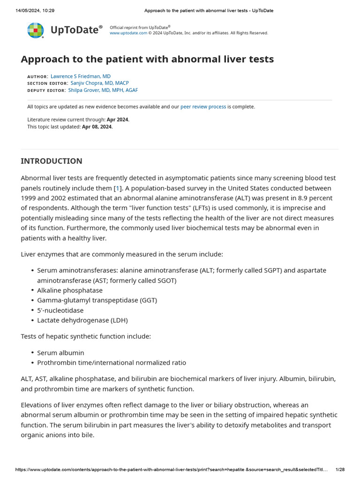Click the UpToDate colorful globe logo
coord(36,30)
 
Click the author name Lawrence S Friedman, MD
coord(80,76)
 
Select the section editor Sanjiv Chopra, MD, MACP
coord(99,83)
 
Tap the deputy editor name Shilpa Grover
coord(103,90)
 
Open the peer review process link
coord(203,107)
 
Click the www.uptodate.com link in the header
coord(128,33)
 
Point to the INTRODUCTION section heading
coord(52,161)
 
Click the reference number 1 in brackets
coord(118,188)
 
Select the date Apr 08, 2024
coord(97,127)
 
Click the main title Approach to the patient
coord(147,59)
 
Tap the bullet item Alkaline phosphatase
coord(70,291)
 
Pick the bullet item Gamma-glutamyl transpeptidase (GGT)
coord(97,300)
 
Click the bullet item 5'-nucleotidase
coord(60,310)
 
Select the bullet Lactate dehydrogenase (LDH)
coord(82,321)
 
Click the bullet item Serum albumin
coord(60,353)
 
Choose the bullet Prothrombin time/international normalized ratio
coord(112,363)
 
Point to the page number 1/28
coord(340,470)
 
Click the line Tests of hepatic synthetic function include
coord(86,337)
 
